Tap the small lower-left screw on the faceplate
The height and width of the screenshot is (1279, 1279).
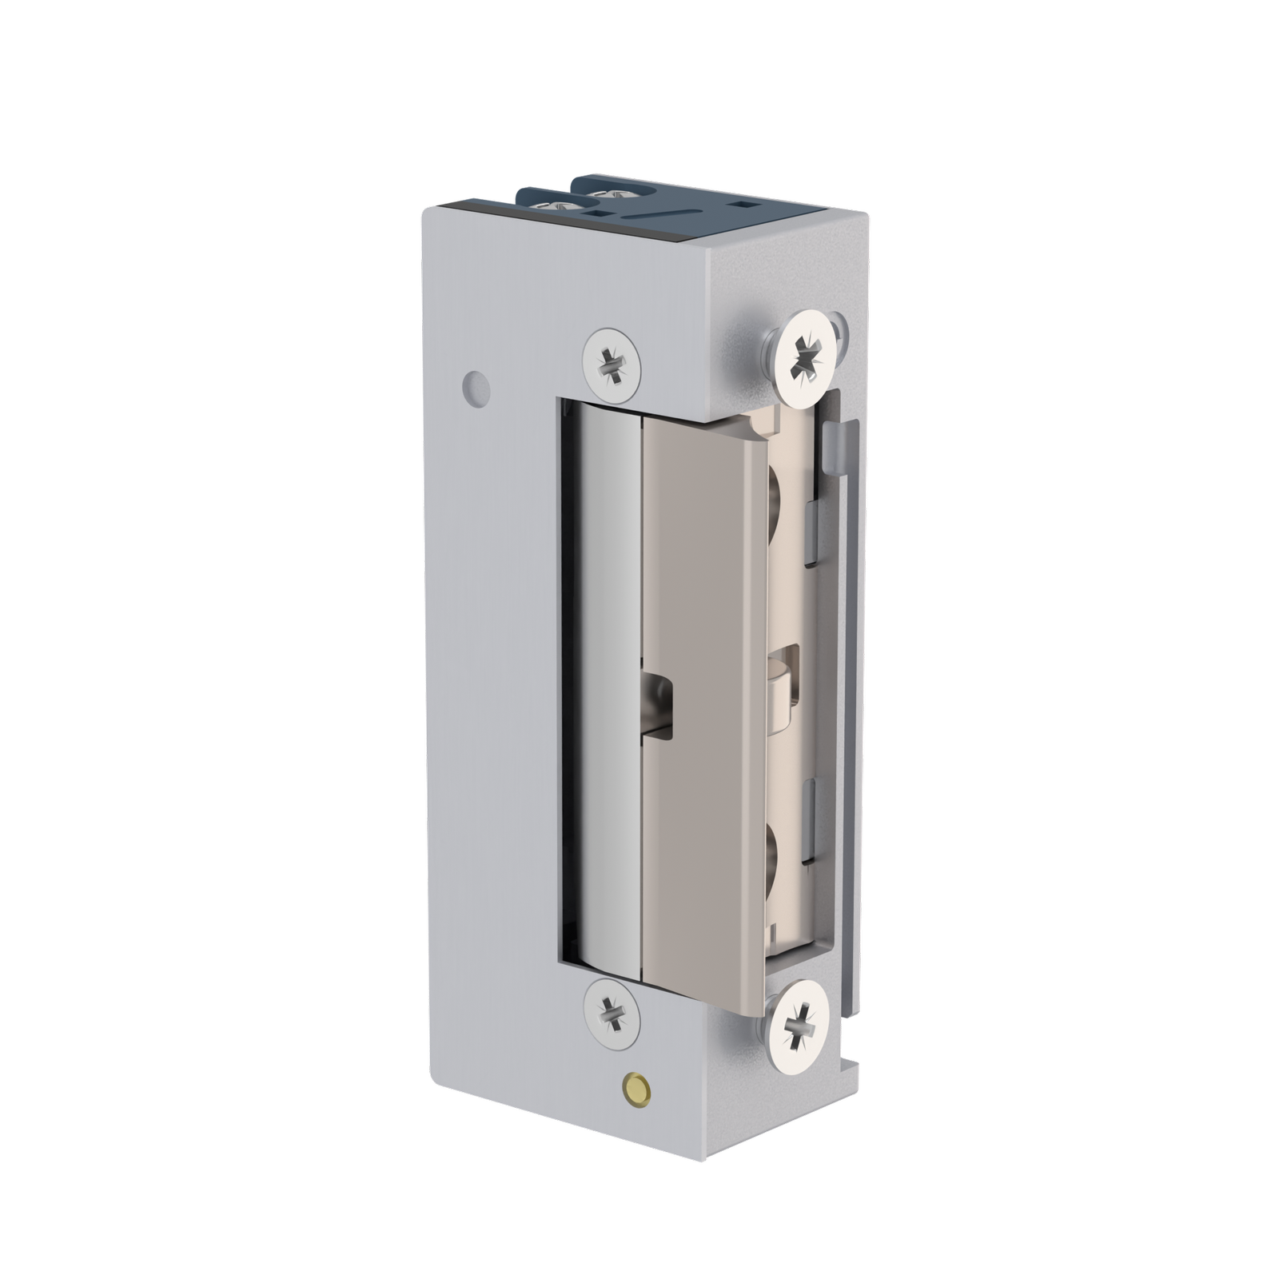pyautogui.click(x=612, y=1014)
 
